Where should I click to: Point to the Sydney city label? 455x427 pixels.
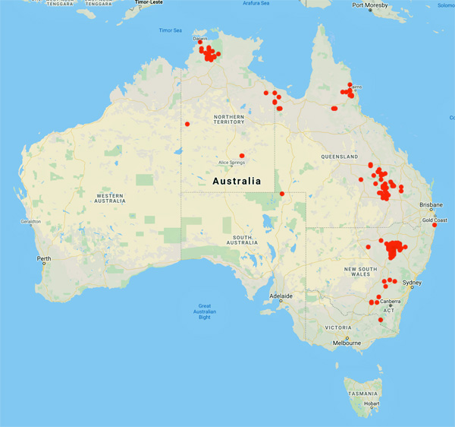pyautogui.click(x=413, y=283)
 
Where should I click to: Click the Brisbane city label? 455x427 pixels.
pyautogui.click(x=431, y=205)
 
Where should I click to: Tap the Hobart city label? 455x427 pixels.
pyautogui.click(x=371, y=403)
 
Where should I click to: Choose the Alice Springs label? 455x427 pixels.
pyautogui.click(x=233, y=163)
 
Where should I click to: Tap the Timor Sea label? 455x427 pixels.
pyautogui.click(x=171, y=30)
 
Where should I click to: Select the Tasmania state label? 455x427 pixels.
pyautogui.click(x=359, y=394)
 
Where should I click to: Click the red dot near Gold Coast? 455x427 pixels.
pyautogui.click(x=435, y=225)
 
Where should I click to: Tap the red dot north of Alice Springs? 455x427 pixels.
pyautogui.click(x=242, y=156)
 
